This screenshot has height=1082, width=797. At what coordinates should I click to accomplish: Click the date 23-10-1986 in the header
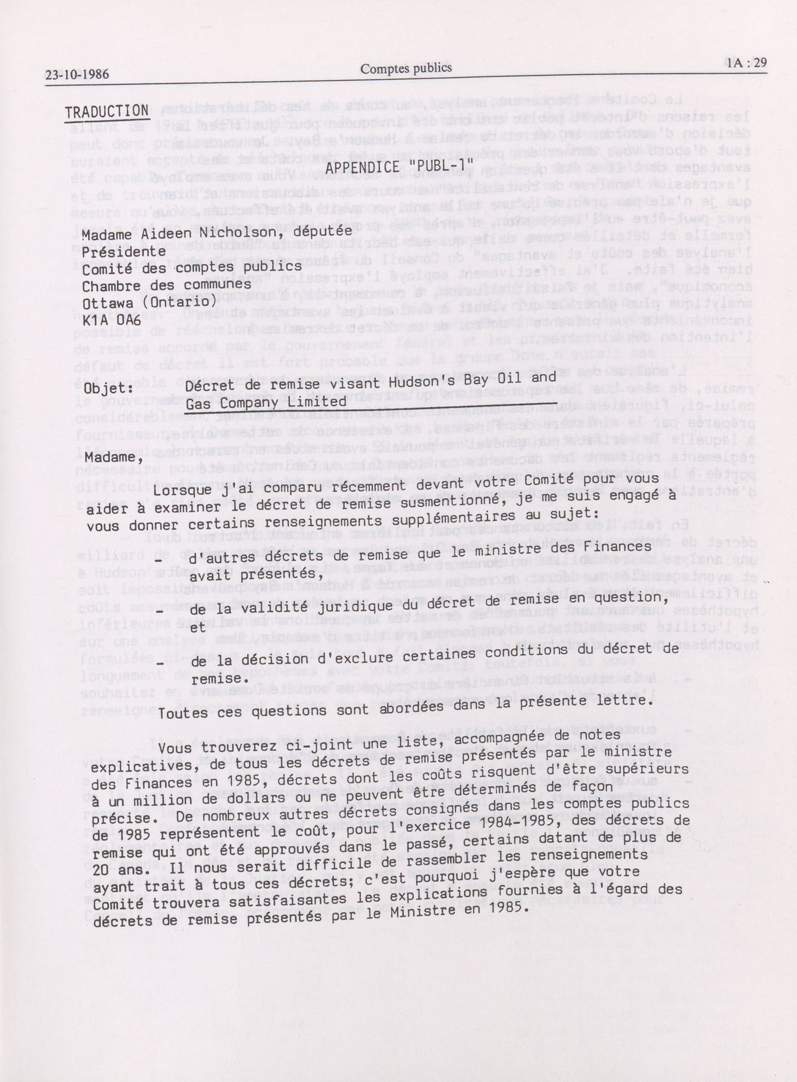tap(77, 74)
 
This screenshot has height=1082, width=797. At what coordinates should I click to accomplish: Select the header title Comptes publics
tap(406, 68)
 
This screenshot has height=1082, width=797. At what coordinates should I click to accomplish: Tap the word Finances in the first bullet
tap(620, 547)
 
